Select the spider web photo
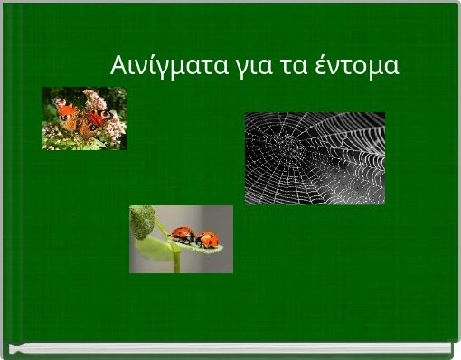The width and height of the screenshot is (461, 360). [315, 158]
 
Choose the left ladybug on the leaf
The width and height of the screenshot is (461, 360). [183, 235]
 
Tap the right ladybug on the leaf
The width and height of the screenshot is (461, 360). [207, 240]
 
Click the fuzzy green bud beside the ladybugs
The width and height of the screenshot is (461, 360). [142, 221]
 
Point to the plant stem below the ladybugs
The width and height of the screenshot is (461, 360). [175, 261]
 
